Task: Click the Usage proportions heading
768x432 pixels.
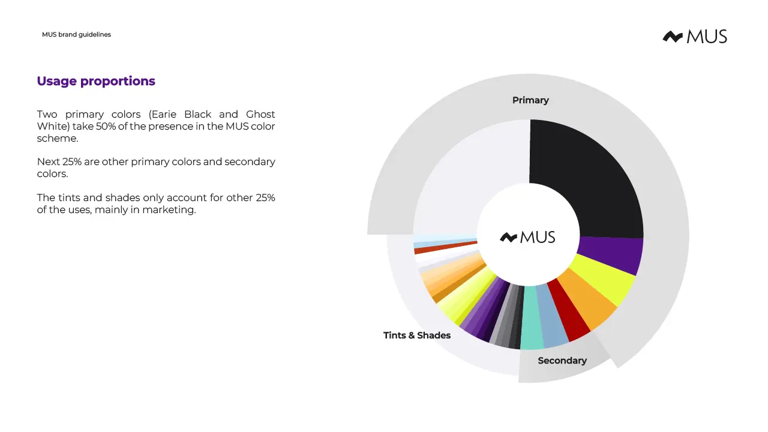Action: point(96,81)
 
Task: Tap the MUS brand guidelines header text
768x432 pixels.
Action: point(76,34)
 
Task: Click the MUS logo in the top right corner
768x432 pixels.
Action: point(695,37)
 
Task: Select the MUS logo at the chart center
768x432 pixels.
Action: point(527,237)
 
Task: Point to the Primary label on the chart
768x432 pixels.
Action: point(530,100)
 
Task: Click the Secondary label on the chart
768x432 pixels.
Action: point(562,361)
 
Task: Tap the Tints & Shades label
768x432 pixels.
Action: point(417,335)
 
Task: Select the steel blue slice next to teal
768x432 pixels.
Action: point(550,316)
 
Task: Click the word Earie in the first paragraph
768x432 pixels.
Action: point(164,114)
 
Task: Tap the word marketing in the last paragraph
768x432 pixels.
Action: point(169,210)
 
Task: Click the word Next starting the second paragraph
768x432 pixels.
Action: point(49,161)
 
